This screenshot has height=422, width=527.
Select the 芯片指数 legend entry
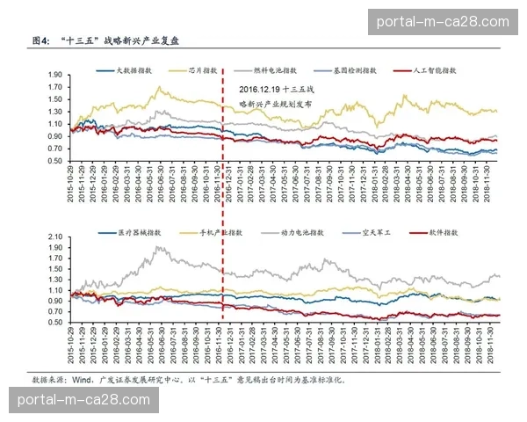[204, 69]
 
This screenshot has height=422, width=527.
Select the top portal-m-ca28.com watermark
[442, 22]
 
